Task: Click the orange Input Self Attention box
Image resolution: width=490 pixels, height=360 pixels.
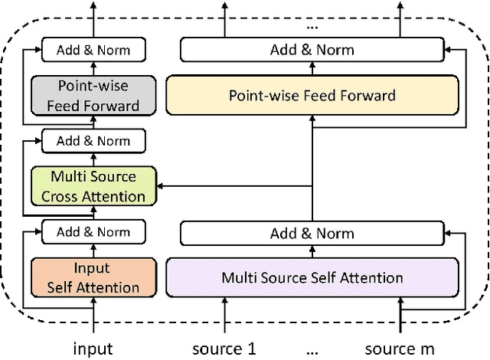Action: [x=93, y=277]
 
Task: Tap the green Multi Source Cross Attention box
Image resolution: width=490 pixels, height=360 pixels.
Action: [x=93, y=186]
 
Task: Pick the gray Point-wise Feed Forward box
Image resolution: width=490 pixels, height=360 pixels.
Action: [x=93, y=96]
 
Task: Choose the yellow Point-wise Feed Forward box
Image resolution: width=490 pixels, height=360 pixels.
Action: [x=312, y=96]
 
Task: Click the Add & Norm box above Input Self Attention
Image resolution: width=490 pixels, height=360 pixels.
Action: [x=93, y=231]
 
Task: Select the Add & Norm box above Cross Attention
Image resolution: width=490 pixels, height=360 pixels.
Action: [x=93, y=141]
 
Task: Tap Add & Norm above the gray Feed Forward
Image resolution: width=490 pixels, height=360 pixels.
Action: [x=93, y=51]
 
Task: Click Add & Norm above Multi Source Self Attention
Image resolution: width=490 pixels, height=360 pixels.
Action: [x=312, y=233]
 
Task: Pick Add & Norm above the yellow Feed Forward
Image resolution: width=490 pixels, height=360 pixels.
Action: [x=312, y=51]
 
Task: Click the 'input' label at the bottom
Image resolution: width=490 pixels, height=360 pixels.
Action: [x=93, y=349]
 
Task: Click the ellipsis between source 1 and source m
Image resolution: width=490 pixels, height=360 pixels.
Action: [x=312, y=351]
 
